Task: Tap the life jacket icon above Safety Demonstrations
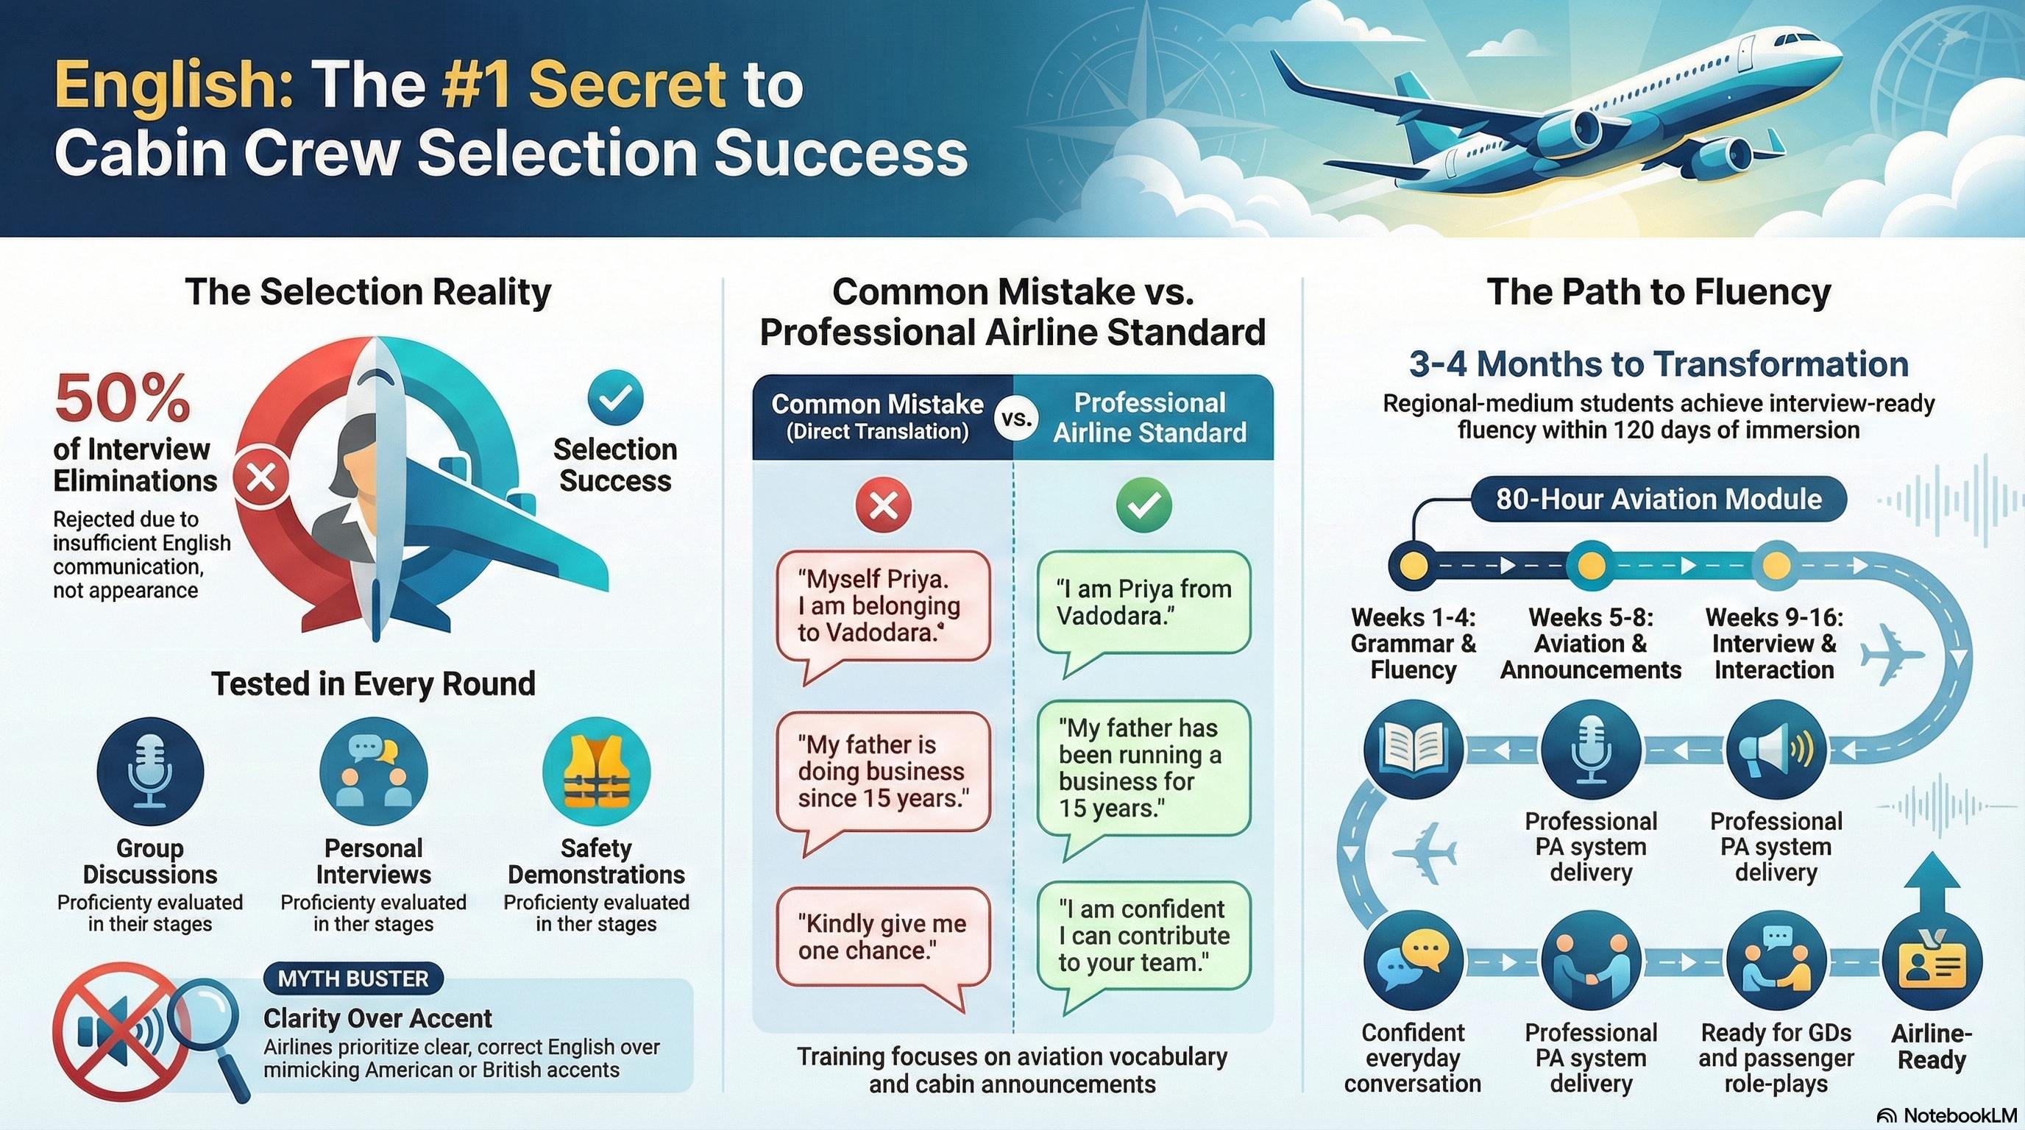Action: pos(596,772)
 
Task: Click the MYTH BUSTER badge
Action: pos(353,978)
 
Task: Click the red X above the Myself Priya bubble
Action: pos(884,505)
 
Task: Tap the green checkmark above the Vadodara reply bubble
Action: pos(1143,505)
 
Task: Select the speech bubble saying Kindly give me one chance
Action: pos(882,937)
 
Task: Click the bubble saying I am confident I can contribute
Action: pos(1143,935)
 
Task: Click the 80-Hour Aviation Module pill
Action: pos(1658,499)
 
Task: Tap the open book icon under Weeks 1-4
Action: pos(1414,749)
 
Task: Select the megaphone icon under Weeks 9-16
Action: pos(1775,749)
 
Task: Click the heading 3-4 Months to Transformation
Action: pos(1658,365)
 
